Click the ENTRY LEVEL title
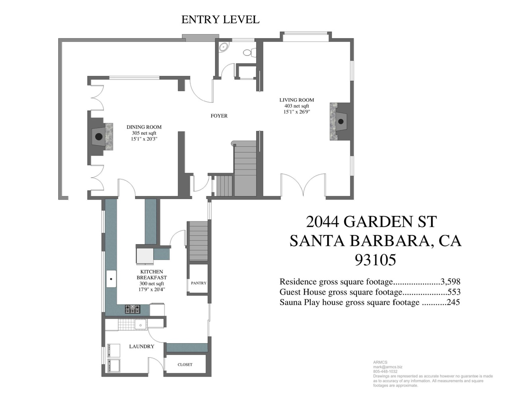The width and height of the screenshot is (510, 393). [x=220, y=20]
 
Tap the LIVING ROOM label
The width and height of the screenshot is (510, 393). [x=297, y=100]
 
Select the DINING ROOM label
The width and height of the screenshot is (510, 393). [x=144, y=127]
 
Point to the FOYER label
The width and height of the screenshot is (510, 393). [x=219, y=116]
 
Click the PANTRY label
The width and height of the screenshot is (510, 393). [x=198, y=283]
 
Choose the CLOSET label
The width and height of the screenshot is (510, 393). [x=185, y=365]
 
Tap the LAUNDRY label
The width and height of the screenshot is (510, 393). [x=141, y=346]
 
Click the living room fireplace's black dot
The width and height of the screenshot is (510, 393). [x=341, y=122]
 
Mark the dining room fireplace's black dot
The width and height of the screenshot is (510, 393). [x=99, y=136]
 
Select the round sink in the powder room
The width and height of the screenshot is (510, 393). [x=223, y=47]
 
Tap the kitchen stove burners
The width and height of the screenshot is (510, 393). [x=133, y=309]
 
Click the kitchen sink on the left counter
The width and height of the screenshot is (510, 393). [x=111, y=279]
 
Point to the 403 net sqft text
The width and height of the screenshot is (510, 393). [x=297, y=106]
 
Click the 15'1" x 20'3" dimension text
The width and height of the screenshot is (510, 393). [x=144, y=139]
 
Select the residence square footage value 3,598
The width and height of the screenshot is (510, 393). [x=450, y=281]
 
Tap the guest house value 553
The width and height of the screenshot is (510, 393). [x=454, y=292]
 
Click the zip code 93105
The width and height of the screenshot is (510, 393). [x=375, y=260]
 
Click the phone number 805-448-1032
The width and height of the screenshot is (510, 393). [x=385, y=371]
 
